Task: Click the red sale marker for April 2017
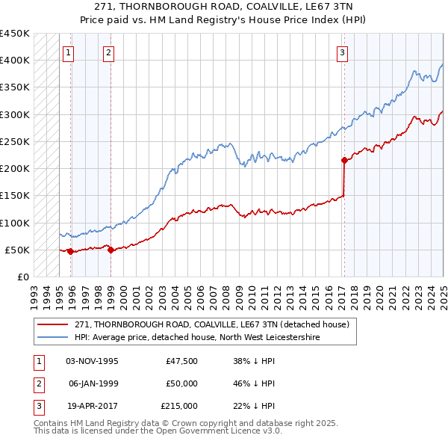344,160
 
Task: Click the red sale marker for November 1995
71,251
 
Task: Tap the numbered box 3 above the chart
342,52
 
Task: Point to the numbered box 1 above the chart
68,52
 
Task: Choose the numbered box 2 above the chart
108,52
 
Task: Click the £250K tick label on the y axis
15,141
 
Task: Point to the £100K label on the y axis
15,223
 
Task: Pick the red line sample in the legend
54,324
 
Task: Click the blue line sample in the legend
54,338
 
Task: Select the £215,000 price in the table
179,406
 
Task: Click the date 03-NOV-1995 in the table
92,361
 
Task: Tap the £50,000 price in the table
181,383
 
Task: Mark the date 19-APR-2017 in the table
92,406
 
